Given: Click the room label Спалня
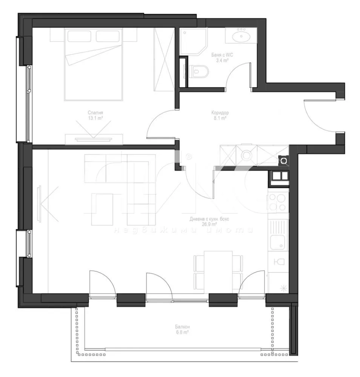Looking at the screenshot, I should [95, 112].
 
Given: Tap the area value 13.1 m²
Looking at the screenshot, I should [95, 118].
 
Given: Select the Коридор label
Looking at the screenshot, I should [220, 112].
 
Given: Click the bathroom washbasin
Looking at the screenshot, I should [240, 37].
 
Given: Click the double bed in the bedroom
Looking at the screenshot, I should [94, 66].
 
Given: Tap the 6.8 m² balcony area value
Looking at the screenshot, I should [182, 333].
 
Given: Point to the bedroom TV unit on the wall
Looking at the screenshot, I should [94, 138].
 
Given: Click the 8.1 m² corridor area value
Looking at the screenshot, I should [220, 118].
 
